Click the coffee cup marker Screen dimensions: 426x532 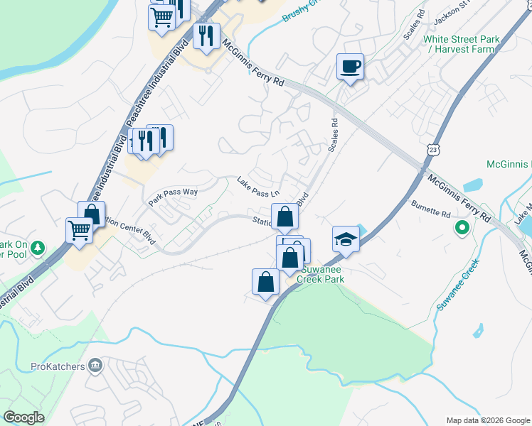[x=349, y=67]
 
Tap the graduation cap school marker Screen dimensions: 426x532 [x=345, y=239]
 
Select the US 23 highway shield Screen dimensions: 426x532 [x=433, y=148]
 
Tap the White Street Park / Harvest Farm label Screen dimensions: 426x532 [x=458, y=44]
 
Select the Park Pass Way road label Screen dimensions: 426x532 [x=172, y=196]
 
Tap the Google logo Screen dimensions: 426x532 [x=23, y=417]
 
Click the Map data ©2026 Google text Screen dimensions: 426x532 [x=487, y=420]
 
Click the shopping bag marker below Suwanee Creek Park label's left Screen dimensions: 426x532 [x=266, y=282]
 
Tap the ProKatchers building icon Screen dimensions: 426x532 [x=95, y=366]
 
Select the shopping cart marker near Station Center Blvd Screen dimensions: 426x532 [x=80, y=230]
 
